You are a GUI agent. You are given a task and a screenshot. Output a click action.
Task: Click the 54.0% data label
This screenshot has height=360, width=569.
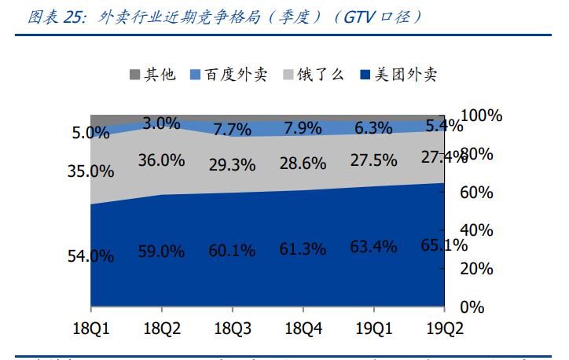point(91,255)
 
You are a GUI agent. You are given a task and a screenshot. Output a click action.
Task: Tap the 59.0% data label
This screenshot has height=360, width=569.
point(161,252)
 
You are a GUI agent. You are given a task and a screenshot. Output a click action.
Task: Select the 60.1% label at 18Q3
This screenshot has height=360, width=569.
point(232,251)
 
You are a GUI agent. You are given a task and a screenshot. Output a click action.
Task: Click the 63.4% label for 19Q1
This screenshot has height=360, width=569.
point(373,248)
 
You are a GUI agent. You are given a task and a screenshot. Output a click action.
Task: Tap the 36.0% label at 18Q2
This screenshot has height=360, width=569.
point(161,160)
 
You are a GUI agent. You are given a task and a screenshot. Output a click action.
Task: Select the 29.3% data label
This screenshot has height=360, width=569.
point(232,165)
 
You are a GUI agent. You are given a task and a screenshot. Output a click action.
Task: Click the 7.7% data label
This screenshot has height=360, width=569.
point(232,130)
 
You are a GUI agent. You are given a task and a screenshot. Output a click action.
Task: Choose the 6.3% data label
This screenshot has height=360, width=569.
point(373,127)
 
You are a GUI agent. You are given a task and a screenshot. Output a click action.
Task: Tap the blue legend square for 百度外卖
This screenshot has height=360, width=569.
point(196,75)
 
